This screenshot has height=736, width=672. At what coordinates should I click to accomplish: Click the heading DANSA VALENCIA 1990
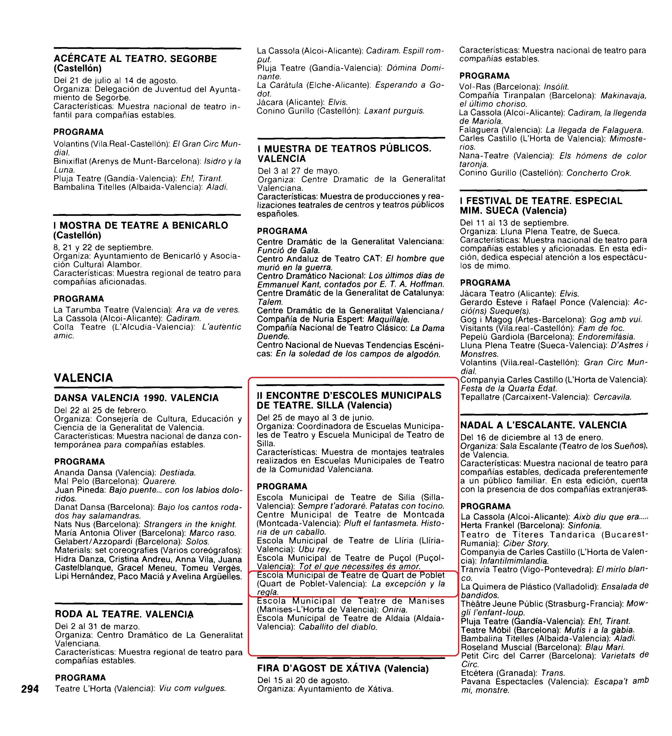pos(136,398)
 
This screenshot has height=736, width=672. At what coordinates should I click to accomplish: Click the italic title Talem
pos(270,302)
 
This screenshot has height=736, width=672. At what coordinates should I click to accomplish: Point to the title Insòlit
pos(556,87)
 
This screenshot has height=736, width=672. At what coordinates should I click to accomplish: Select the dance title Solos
pos(197,542)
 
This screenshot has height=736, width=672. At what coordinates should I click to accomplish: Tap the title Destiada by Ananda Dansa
pos(178,473)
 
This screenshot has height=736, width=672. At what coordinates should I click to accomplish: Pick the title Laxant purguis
pos(394,111)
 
